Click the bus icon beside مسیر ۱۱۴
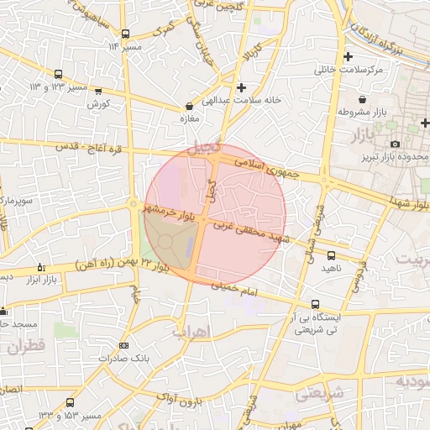click(x=125, y=34)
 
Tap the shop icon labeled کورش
click(x=98, y=91)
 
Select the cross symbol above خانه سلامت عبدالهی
click(x=242, y=87)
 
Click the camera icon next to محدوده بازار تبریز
click(x=395, y=144)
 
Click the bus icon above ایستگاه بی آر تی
click(x=315, y=304)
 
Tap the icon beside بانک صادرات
click(x=123, y=345)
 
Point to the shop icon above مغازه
click(x=188, y=107)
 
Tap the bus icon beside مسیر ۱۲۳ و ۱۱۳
click(x=58, y=73)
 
